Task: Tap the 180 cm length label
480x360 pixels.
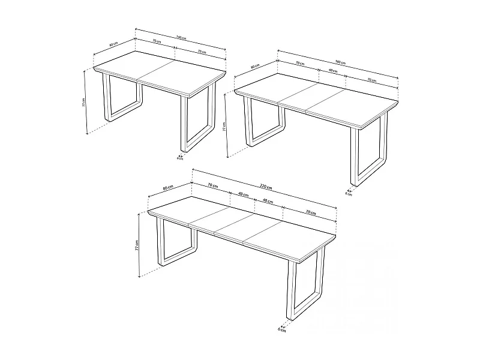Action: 339,62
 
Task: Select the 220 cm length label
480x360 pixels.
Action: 264,187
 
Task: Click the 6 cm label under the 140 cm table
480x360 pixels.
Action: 180,159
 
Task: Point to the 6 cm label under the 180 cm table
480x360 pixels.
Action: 348,194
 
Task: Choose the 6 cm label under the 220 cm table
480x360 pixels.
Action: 281,329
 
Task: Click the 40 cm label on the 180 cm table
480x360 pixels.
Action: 332,71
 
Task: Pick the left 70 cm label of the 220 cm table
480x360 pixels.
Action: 211,187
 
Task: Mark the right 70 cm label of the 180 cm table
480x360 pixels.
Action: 371,80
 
